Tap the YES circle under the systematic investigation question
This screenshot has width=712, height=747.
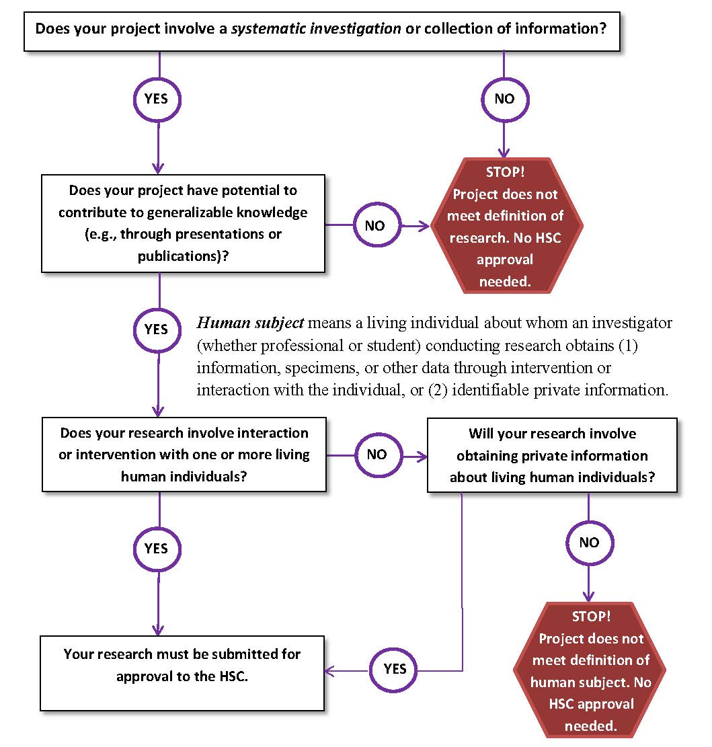coord(159,99)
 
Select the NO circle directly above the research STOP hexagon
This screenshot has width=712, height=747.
coord(505,99)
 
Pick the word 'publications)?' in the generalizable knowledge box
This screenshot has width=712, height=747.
coord(184,255)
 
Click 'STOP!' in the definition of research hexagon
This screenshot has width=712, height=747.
coord(505,172)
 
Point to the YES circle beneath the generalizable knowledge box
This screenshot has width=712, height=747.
coord(157,330)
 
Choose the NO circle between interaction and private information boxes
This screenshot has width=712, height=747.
coord(377,455)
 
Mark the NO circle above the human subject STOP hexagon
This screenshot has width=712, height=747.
coord(589,542)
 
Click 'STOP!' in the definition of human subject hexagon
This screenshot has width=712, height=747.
coord(590,617)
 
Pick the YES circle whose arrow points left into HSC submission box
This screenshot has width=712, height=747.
coord(395,669)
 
